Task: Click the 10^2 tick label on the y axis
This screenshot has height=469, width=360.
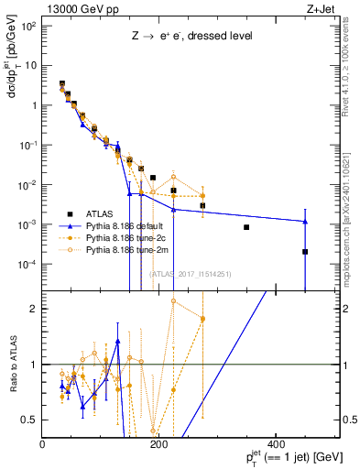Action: (27, 25)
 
